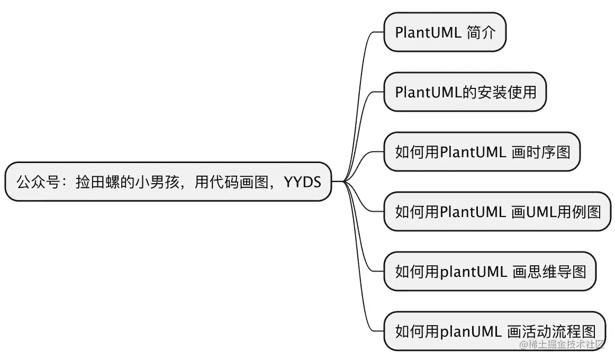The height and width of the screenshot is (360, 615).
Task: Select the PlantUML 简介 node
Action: [445, 32]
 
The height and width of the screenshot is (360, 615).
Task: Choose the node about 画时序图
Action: [482, 152]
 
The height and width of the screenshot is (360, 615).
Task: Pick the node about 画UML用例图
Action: [498, 212]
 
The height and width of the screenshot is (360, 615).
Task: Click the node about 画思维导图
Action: [490, 272]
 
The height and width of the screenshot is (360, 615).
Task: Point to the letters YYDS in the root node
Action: [303, 182]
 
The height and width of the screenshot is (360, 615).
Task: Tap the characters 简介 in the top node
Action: [482, 32]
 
